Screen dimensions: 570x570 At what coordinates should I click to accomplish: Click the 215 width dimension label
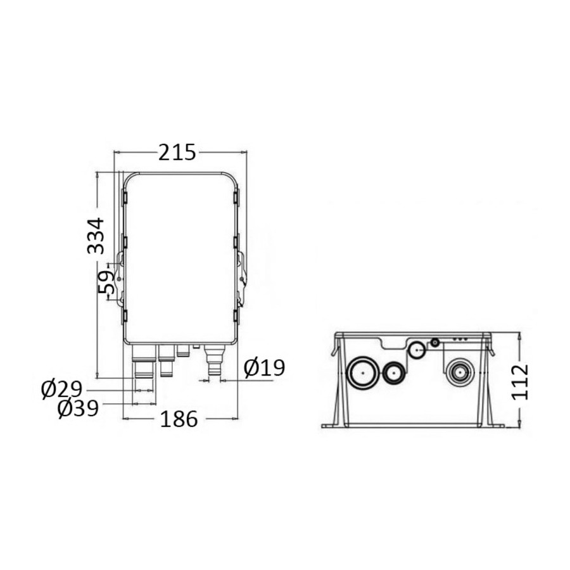(x=177, y=152)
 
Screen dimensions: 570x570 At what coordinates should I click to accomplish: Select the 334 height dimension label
(x=96, y=236)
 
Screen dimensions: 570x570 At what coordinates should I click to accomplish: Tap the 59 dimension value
(x=106, y=282)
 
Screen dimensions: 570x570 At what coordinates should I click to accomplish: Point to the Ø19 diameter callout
(x=264, y=368)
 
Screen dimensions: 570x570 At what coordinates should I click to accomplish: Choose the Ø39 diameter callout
(x=78, y=408)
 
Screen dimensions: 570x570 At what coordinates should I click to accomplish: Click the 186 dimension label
(x=179, y=419)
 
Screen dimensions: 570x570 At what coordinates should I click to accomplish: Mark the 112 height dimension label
(x=520, y=382)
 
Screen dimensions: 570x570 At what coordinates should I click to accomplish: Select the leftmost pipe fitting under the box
(x=143, y=362)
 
